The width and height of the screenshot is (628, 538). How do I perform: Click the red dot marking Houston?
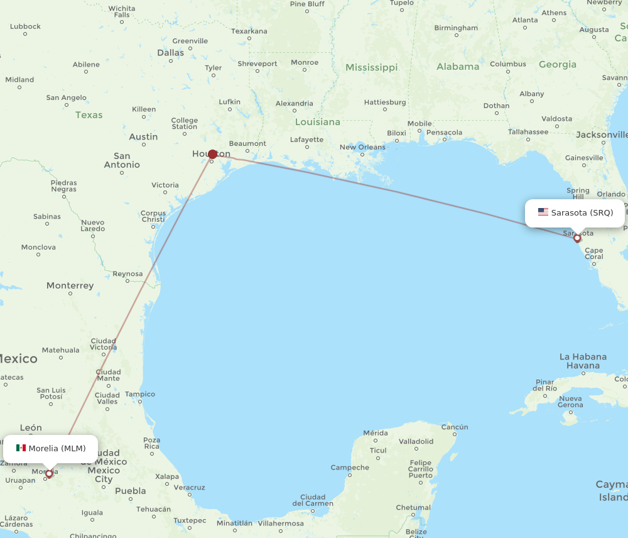[212, 154]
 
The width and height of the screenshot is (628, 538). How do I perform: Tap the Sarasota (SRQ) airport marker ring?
[577, 238]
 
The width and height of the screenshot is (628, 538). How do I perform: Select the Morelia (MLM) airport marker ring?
[49, 474]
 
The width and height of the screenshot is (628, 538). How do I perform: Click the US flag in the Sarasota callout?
[543, 212]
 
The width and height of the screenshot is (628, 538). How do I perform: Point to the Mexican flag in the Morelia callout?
[21, 448]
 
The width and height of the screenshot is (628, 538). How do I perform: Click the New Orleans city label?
[362, 147]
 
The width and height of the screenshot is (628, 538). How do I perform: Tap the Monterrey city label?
[70, 285]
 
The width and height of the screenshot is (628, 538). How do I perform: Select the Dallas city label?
[171, 53]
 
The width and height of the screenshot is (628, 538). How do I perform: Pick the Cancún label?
[455, 427]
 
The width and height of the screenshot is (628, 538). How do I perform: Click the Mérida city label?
[376, 433]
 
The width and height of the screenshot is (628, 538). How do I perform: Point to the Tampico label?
[140, 394]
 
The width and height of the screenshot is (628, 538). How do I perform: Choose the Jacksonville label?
[602, 134]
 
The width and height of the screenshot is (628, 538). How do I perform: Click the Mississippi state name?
[371, 67]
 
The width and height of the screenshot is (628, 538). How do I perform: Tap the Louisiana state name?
[318, 122]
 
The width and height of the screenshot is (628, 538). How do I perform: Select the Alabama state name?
[458, 67]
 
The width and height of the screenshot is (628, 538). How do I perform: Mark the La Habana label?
[583, 361]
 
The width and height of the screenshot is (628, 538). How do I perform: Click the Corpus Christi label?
[153, 216]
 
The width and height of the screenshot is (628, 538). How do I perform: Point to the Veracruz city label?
[190, 487]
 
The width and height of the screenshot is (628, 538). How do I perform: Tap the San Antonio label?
[122, 160]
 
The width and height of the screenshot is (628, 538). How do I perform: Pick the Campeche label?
[350, 467]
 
